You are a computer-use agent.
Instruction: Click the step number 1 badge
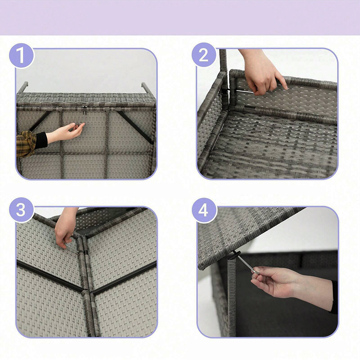coord(21,55)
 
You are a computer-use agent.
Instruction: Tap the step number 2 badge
coord(204,55)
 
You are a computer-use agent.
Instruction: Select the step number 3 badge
coord(21,210)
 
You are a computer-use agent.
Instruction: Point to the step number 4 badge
coord(204,210)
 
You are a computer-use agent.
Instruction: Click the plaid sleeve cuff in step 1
coord(26,144)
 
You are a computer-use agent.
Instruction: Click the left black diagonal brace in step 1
coord(40,121)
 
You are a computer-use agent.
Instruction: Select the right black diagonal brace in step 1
coord(135,127)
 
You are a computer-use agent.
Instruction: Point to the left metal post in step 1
coord(22,87)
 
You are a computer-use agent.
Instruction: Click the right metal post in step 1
coord(147,88)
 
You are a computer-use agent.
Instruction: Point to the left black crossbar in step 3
coord(50,276)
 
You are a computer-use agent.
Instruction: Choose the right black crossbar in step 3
coord(124,278)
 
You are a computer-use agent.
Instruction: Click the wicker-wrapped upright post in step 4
coord(231,297)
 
